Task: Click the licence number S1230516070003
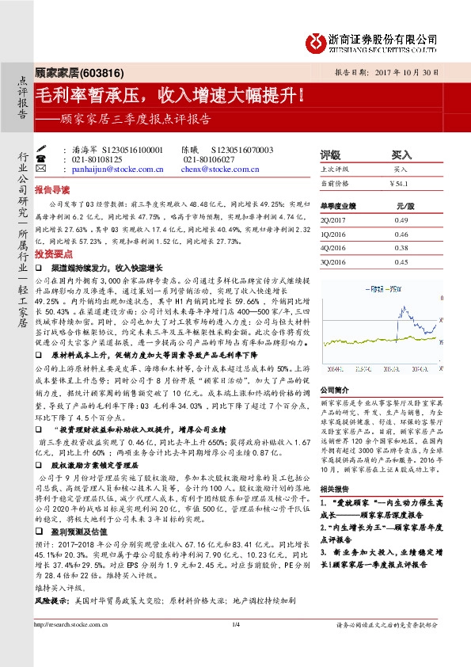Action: pyautogui.click(x=242, y=150)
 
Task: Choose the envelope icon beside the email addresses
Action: pyautogui.click(x=63, y=170)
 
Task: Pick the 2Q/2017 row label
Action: pyautogui.click(x=334, y=219)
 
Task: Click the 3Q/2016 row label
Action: pyautogui.click(x=334, y=261)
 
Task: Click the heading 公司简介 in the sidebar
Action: pyautogui.click(x=333, y=391)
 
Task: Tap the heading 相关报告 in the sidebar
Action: pyautogui.click(x=333, y=491)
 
